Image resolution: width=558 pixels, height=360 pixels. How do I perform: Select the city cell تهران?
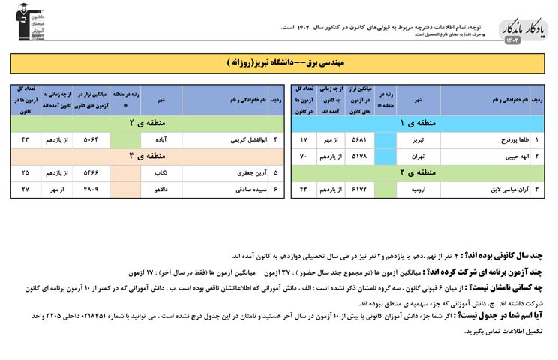click(x=418, y=157)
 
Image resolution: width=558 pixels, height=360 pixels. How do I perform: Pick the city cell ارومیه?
click(x=418, y=190)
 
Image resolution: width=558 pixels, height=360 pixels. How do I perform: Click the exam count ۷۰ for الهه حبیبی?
click(x=304, y=157)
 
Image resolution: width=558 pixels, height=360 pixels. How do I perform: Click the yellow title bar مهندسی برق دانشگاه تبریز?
click(x=278, y=63)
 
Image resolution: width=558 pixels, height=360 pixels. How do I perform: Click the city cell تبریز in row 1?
click(x=418, y=140)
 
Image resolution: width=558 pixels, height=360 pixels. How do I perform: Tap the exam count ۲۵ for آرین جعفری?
click(x=25, y=172)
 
